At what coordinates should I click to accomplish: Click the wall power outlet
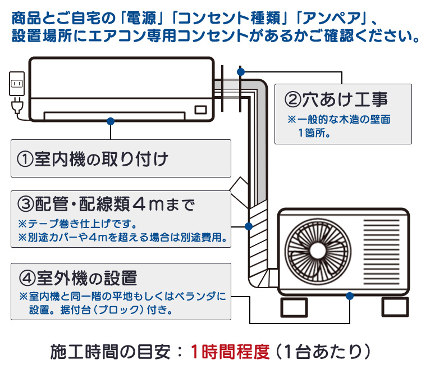(x=16, y=85)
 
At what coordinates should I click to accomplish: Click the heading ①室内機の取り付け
(x=93, y=159)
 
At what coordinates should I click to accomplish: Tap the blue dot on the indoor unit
(x=111, y=121)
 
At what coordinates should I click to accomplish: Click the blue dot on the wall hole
(x=241, y=72)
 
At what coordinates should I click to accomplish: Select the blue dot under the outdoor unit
(x=350, y=295)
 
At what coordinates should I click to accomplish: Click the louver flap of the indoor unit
(x=115, y=115)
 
